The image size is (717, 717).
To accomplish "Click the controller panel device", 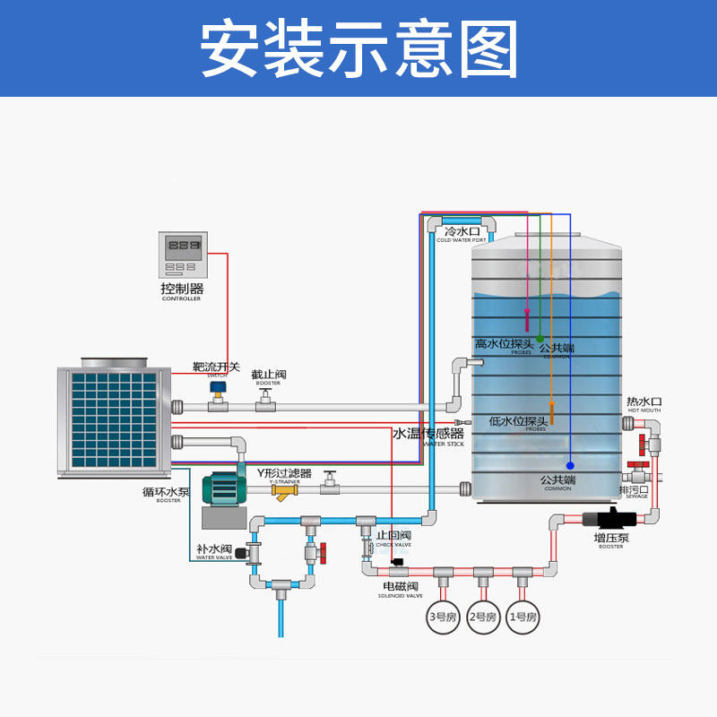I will pos(183,255).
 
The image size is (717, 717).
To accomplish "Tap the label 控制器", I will pos(182,289).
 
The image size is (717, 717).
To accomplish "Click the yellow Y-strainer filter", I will pos(286,491).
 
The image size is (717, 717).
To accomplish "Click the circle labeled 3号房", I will pos(443,617).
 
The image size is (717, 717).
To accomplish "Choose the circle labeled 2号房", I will pos(482,617).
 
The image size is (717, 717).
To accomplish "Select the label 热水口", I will pos(644,402).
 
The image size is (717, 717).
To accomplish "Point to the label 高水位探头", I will pos(505,344).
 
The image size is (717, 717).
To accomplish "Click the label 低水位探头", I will pos(519,421).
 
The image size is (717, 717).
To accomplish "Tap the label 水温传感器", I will pos(428,434).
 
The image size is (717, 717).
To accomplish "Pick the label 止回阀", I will pos(393,535).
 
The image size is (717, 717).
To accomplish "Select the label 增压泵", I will pos(610,538).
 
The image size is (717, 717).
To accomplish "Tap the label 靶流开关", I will pos(217,367).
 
